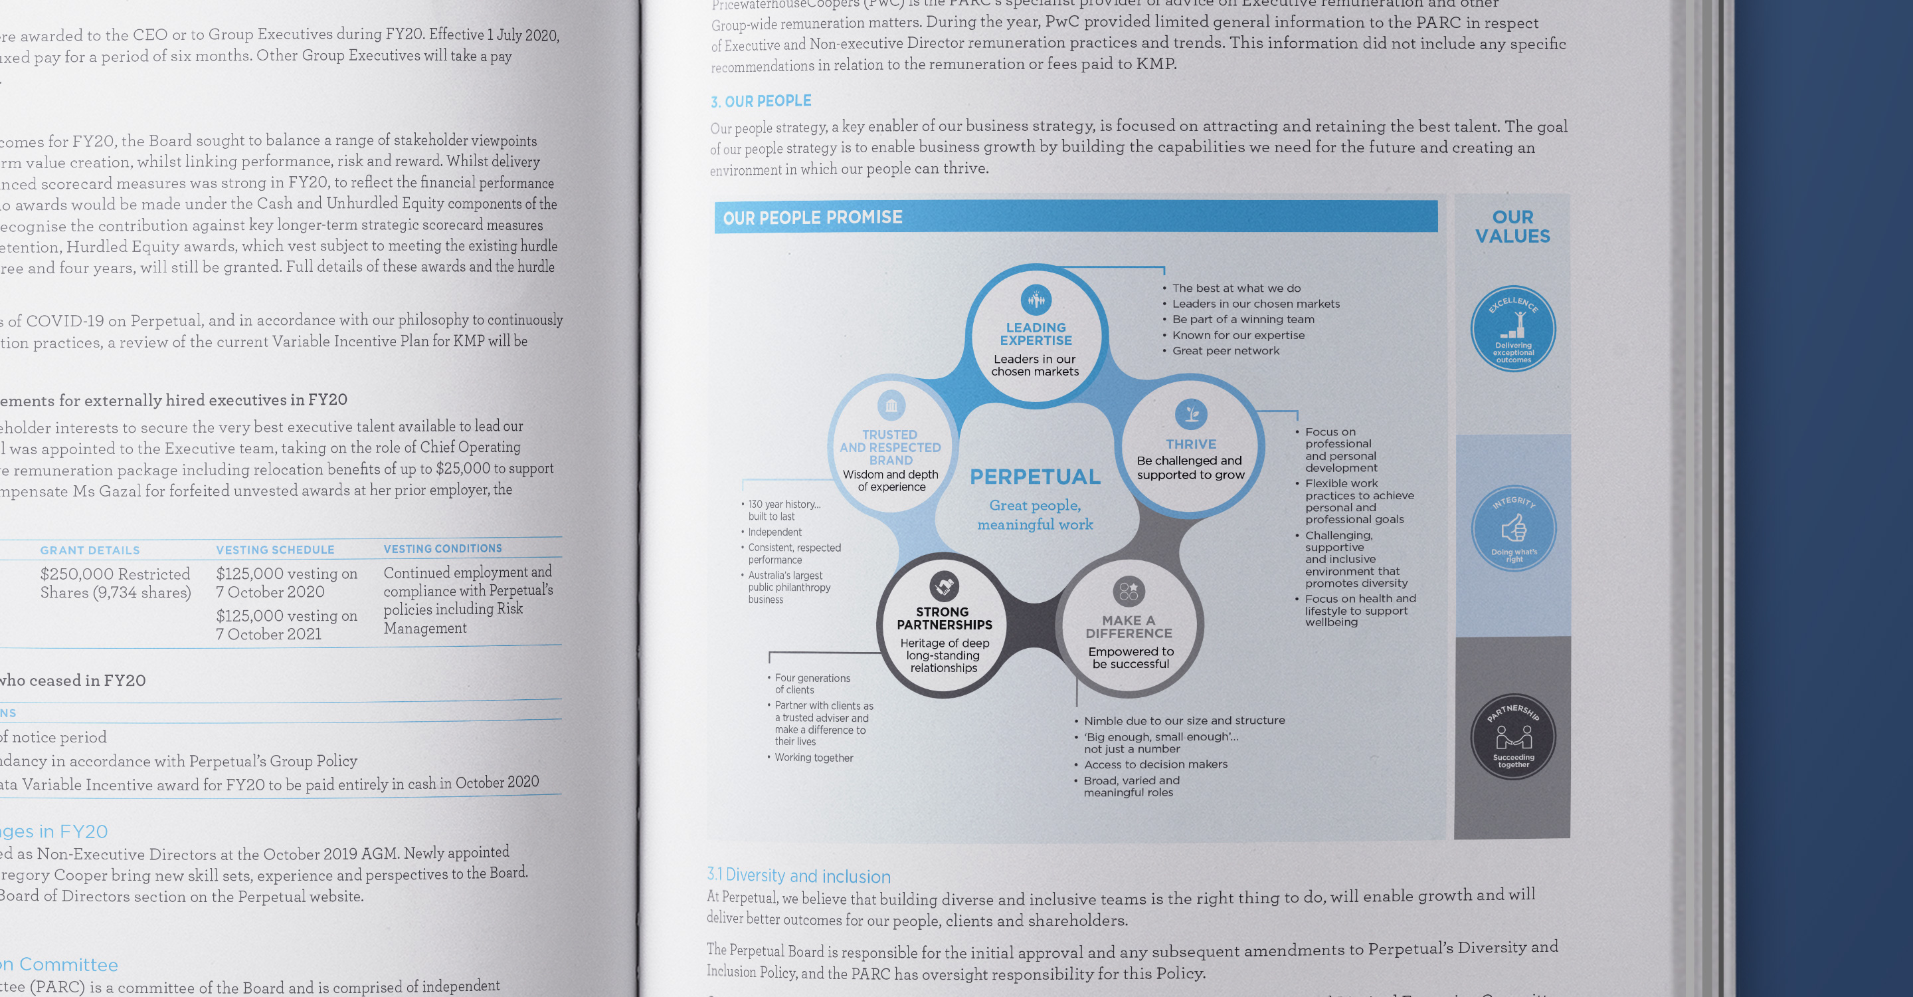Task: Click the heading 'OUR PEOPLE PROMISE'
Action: click(812, 217)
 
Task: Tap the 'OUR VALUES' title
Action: click(1512, 227)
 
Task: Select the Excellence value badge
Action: click(1512, 329)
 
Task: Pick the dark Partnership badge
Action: click(1512, 737)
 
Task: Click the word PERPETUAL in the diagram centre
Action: click(1036, 477)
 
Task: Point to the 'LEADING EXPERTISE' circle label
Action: click(1036, 334)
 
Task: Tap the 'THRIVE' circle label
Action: click(1190, 444)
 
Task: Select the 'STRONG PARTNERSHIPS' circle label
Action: click(944, 618)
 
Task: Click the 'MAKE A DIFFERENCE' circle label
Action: click(1129, 626)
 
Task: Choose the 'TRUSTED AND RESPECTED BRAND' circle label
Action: click(890, 447)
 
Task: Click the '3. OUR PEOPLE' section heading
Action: click(761, 101)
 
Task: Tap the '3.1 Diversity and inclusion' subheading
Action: click(798, 876)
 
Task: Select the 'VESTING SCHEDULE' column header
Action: click(275, 550)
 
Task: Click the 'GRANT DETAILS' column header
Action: click(90, 550)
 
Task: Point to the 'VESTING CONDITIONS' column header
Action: click(442, 548)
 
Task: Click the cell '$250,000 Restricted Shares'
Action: click(115, 583)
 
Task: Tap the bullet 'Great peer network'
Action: click(1226, 351)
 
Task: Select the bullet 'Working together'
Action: click(814, 758)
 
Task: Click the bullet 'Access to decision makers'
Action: click(1156, 764)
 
